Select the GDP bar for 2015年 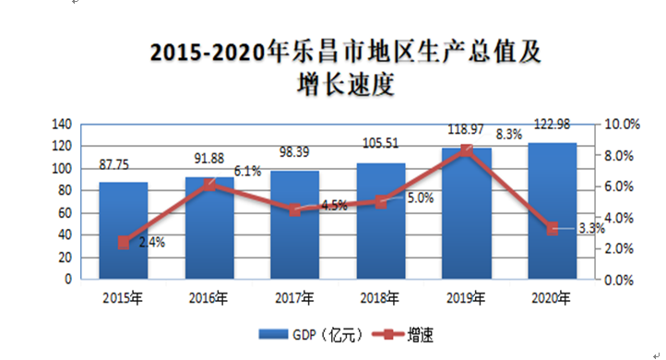pos(124,231)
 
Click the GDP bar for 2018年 pos(381,221)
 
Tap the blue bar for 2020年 pos(553,210)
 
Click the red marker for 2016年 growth pos(209,185)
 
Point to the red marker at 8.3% pos(467,150)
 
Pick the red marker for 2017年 pos(295,210)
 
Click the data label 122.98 pos(552,124)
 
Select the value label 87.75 pos(113,164)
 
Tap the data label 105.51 pos(381,143)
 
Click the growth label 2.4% pos(152,242)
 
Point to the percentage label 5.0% pos(421,198)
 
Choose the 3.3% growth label pos(591,228)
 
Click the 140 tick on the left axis pos(62,124)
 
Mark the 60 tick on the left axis pos(65,212)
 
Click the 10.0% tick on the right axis pos(623,124)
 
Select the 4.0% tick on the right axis pos(619,218)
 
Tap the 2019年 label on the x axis pos(466,298)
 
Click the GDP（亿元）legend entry pos(311,335)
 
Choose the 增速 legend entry pos(403,335)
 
